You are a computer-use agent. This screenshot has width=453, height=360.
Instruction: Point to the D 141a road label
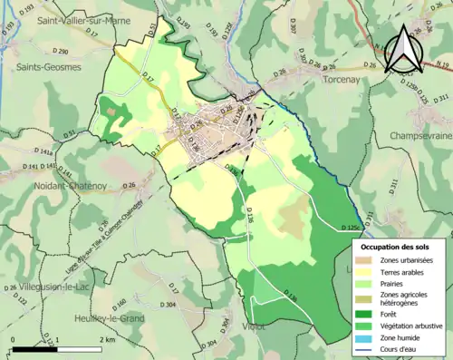(x=43, y=152)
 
